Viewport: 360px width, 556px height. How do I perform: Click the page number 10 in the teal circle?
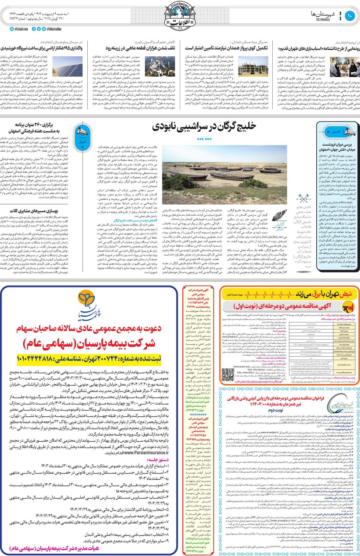pos(350,16)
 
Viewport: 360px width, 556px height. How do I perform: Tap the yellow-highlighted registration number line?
pos(89,358)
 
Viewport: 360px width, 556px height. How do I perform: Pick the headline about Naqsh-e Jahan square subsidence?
pos(339,147)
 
